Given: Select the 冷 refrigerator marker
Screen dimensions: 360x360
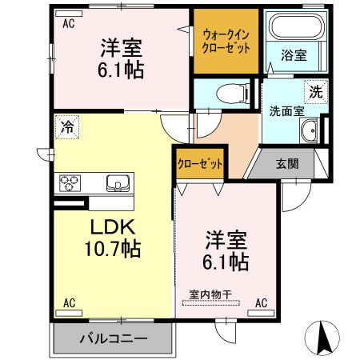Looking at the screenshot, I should coord(67,125).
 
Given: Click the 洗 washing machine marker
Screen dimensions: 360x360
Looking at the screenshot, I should coord(317,92).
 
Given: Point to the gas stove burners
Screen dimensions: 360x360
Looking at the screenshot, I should coord(70,184).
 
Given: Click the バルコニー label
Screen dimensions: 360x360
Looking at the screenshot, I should coord(113,338).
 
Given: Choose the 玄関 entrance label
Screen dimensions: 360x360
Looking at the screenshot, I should coord(287,164).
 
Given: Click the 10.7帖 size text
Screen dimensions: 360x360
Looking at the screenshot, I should coord(112,249).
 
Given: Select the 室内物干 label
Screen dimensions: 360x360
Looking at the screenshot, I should coord(210,294).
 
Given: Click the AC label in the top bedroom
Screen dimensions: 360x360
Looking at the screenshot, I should coord(69,24).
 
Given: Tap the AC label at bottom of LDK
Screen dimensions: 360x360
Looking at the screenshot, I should coord(69,304).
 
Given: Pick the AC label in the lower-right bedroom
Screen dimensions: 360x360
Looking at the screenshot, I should coord(262,304).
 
